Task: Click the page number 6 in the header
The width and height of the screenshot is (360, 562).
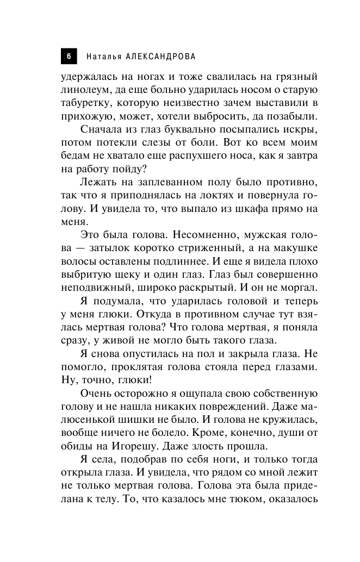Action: click(x=69, y=56)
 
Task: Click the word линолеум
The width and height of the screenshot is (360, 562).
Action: click(x=86, y=89)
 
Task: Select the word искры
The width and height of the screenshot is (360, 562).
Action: click(x=303, y=130)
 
